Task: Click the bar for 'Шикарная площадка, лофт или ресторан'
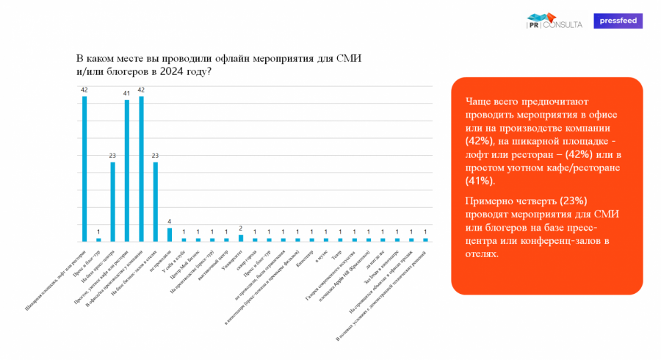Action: [x=84, y=169]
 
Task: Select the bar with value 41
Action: [x=127, y=170]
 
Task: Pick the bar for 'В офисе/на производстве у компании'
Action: [x=141, y=169]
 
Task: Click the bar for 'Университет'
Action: [x=241, y=238]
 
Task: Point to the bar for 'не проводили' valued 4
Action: [x=170, y=234]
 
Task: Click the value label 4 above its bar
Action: [x=170, y=221]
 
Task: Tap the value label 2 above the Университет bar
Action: [x=241, y=228]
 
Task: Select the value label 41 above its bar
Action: [x=127, y=93]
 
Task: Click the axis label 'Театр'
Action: [x=337, y=254]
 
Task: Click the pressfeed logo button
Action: [x=618, y=21]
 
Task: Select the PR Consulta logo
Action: [x=555, y=21]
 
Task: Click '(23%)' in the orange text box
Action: [x=574, y=201]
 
